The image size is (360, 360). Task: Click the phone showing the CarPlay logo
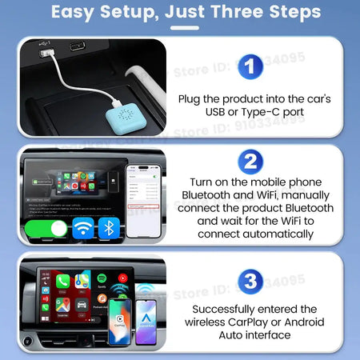(x=120, y=318)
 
